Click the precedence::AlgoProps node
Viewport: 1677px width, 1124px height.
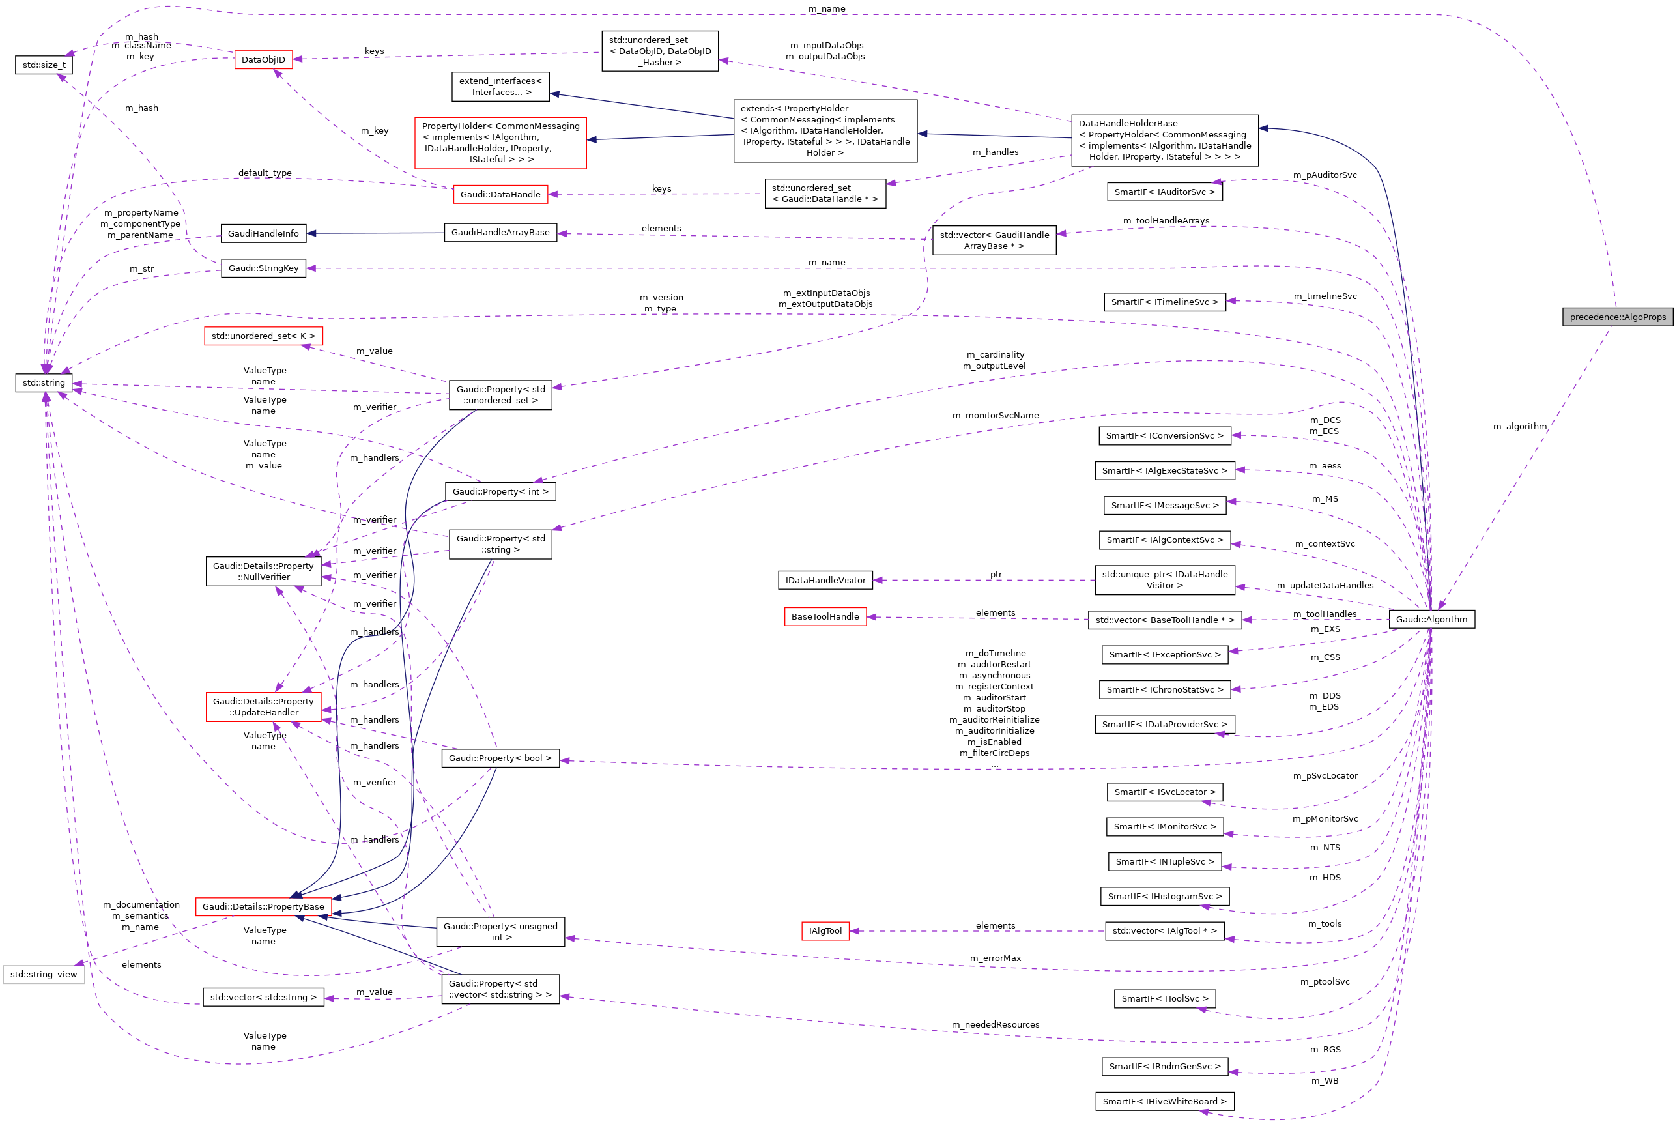tap(1618, 317)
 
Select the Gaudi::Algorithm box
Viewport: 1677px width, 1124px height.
tap(1431, 620)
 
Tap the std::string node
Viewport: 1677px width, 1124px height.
tap(44, 382)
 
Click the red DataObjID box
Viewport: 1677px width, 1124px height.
tap(263, 59)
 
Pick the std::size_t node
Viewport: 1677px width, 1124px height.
tap(44, 65)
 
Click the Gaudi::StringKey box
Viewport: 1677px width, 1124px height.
tap(263, 268)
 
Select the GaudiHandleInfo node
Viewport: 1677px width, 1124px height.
tap(263, 234)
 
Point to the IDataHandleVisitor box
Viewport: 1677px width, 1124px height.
tap(825, 581)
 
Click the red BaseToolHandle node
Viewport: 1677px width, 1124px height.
tap(825, 616)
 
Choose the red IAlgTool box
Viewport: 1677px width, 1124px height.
tap(825, 931)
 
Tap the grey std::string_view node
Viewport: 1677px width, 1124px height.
tap(44, 975)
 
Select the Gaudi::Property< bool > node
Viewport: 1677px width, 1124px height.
tap(500, 758)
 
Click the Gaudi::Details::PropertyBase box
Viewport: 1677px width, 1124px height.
tap(263, 907)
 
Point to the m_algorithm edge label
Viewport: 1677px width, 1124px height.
tap(1519, 427)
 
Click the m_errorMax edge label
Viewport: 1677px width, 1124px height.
tap(995, 958)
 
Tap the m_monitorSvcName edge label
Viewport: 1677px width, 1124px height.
tap(995, 416)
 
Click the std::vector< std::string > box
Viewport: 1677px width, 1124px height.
tap(263, 998)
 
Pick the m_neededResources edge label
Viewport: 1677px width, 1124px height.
tap(995, 1025)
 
